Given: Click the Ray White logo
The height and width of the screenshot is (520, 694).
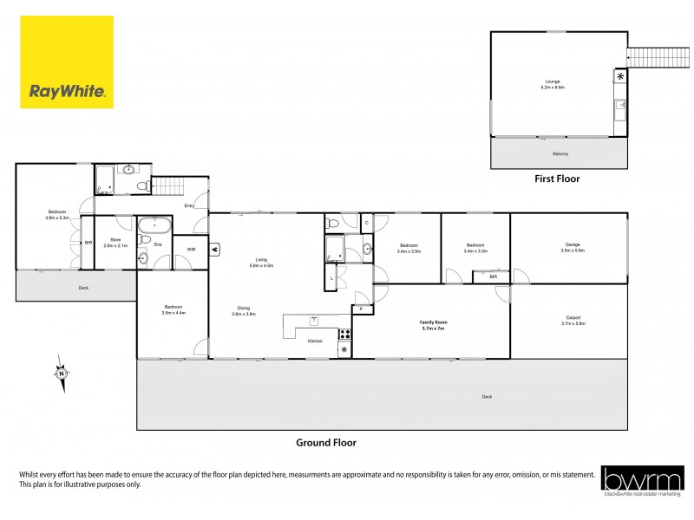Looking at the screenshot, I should pyautogui.click(x=67, y=62).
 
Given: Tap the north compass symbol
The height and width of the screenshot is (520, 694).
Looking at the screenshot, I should pyautogui.click(x=61, y=374).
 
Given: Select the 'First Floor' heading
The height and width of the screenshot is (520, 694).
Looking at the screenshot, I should pyautogui.click(x=556, y=179).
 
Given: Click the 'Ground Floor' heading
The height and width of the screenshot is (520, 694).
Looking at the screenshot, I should pyautogui.click(x=326, y=443).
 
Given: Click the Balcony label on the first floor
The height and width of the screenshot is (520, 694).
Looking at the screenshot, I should pyautogui.click(x=560, y=154).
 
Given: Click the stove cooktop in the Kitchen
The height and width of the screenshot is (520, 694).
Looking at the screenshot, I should pyautogui.click(x=344, y=333).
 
